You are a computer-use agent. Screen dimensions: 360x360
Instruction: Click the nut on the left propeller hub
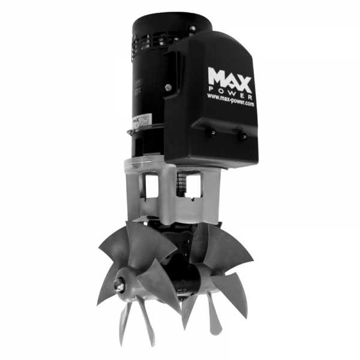click(119, 287)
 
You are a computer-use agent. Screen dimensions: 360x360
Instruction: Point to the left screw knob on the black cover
click(211, 133)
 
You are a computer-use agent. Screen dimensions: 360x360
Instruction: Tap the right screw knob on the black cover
click(242, 137)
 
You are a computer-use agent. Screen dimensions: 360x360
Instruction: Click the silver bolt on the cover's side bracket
click(169, 87)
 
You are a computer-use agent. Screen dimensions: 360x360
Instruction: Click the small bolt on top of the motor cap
click(193, 28)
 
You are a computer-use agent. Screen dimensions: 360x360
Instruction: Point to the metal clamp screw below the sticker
click(131, 133)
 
